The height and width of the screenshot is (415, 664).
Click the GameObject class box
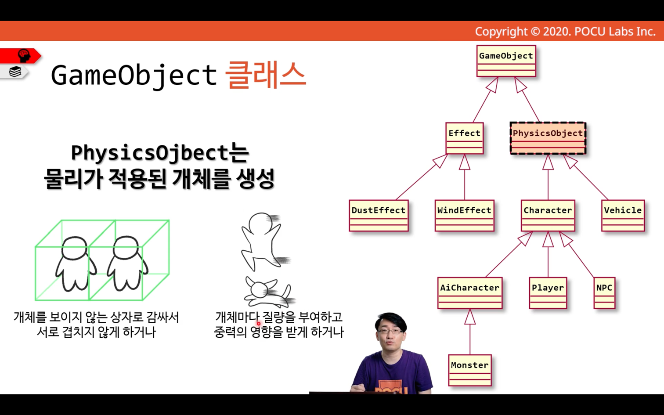point(506,61)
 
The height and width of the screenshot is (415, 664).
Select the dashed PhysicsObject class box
point(548,138)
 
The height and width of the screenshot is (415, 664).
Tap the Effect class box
point(465,138)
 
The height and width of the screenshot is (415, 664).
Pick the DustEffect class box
point(379,216)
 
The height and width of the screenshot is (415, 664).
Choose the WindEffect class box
point(465,216)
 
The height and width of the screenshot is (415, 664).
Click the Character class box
point(548,216)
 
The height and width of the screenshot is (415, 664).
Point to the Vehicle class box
point(623,216)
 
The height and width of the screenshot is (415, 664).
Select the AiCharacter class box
point(470,293)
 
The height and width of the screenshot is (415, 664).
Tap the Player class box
point(548,293)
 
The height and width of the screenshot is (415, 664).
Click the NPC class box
point(604,293)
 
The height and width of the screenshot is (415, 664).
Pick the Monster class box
point(470,370)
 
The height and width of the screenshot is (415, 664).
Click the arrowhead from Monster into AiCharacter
point(470,316)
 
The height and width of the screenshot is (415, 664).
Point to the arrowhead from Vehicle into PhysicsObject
point(570,161)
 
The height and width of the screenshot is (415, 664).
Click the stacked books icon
point(15,72)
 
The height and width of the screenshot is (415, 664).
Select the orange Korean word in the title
point(265,75)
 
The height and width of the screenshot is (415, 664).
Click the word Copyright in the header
point(501,32)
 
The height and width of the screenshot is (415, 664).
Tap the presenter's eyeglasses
point(390,331)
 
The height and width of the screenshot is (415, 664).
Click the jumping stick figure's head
point(261,223)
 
